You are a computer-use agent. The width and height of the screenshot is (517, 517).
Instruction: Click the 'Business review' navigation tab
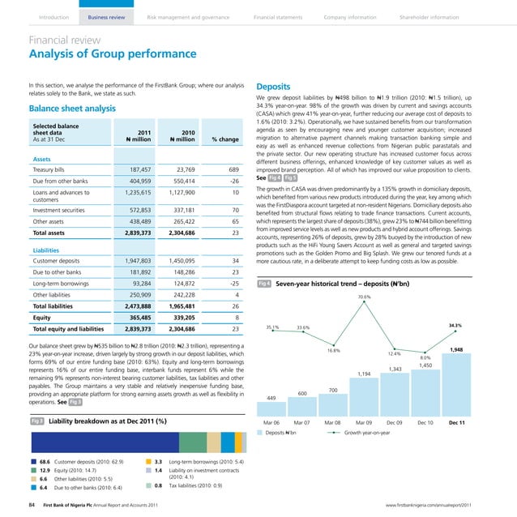click(107, 16)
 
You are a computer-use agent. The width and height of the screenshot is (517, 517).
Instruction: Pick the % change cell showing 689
click(230, 169)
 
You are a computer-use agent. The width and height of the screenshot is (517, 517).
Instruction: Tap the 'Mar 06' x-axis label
click(272, 423)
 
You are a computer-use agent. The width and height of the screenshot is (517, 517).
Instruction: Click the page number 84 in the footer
click(31, 504)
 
